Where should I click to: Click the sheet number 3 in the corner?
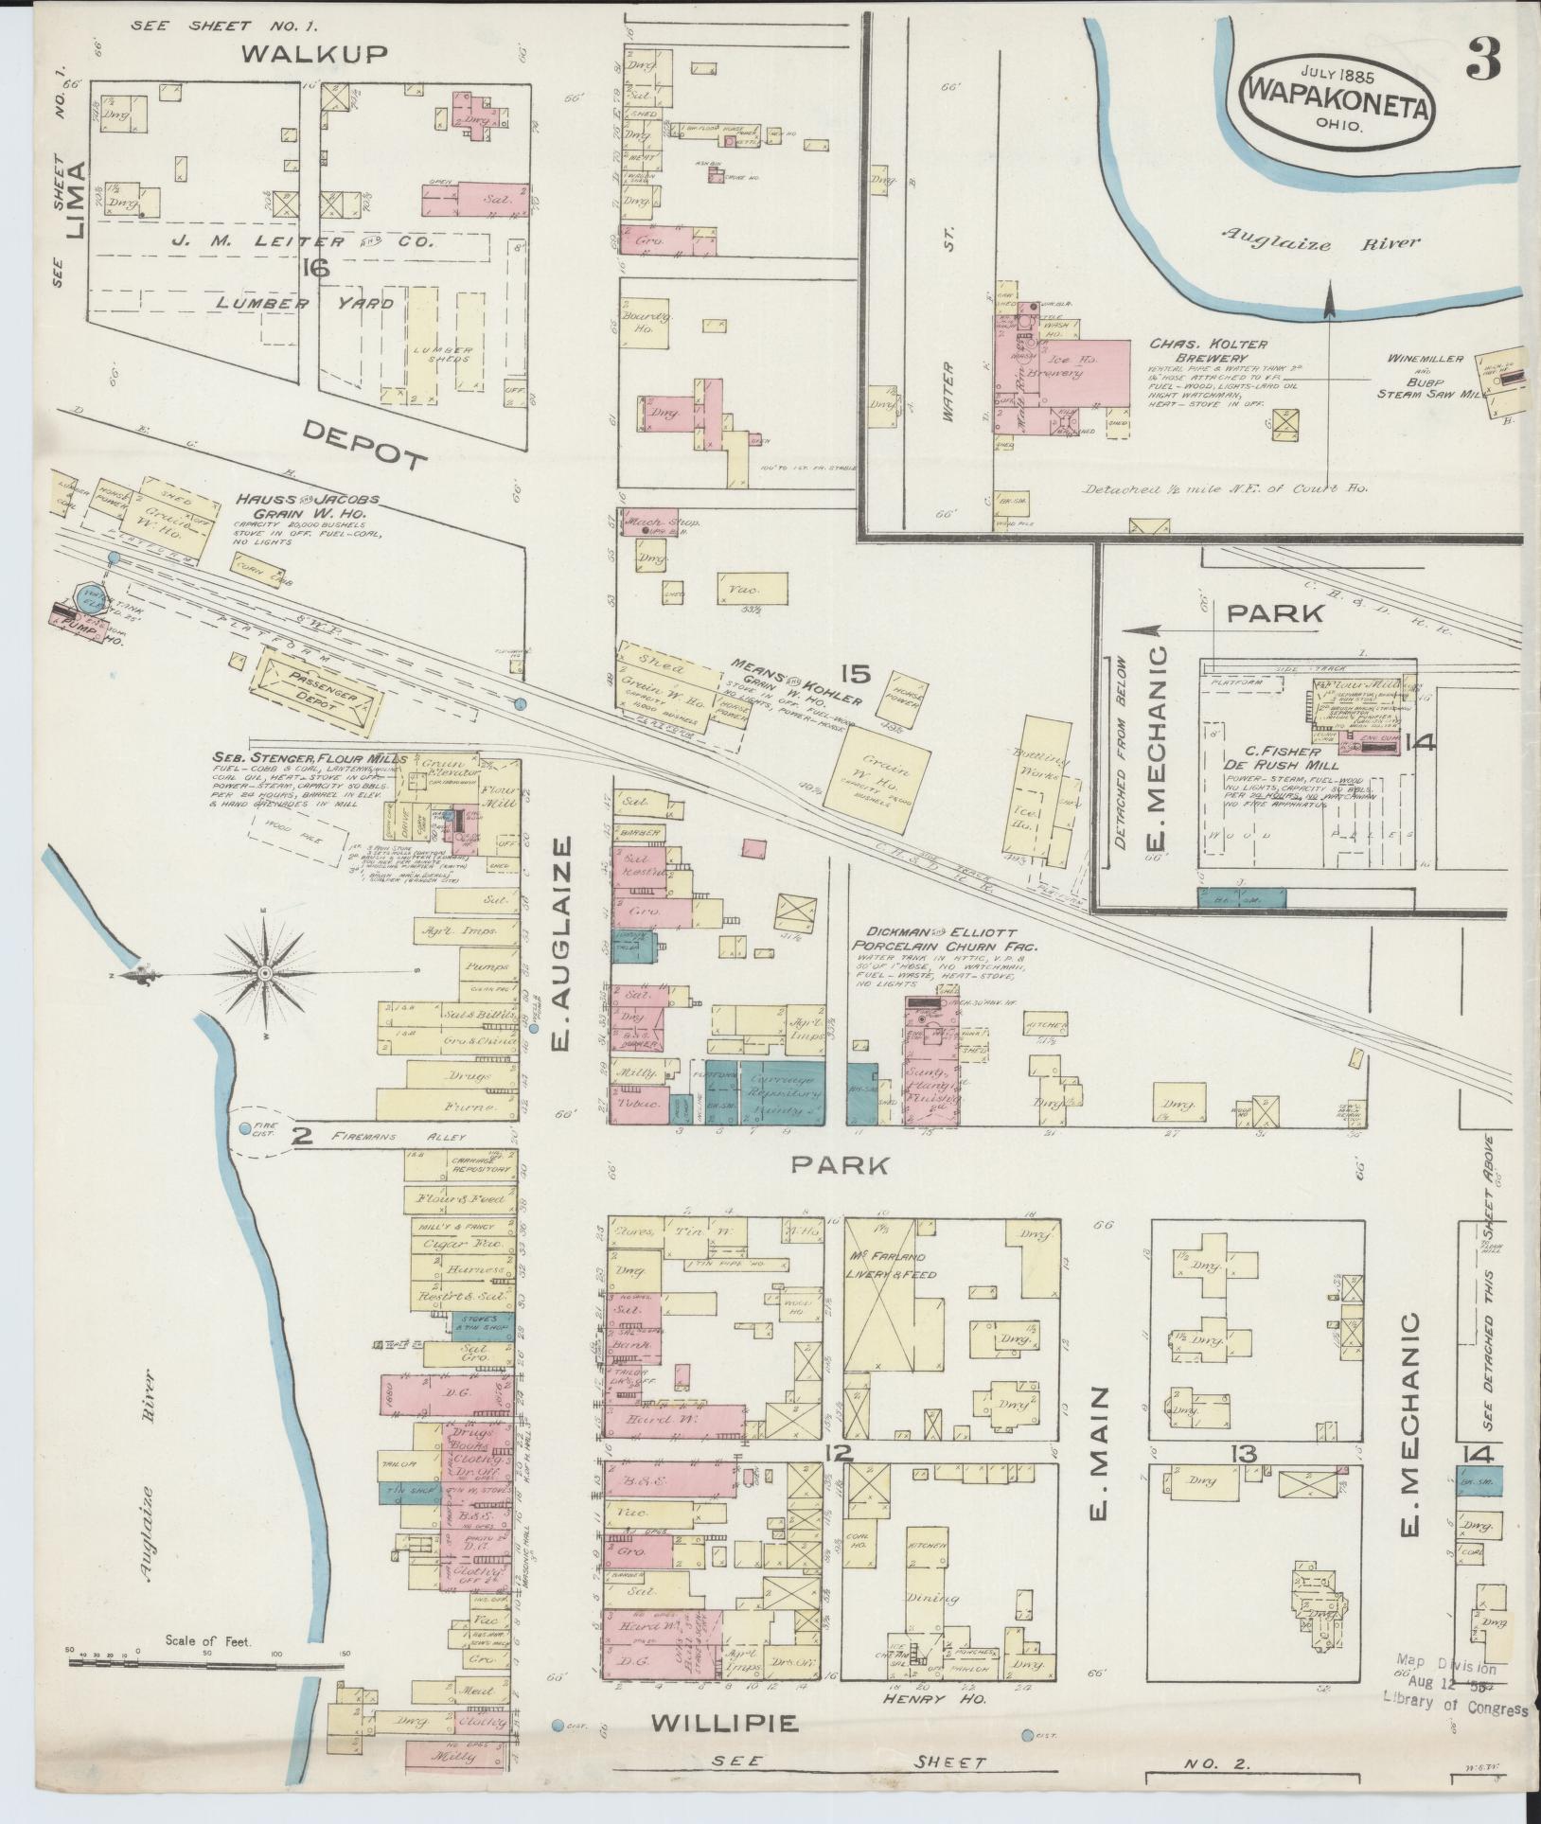pyautogui.click(x=1482, y=60)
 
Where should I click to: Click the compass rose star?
pyautogui.click(x=266, y=973)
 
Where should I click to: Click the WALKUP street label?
pyautogui.click(x=313, y=54)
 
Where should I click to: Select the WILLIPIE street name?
pyautogui.click(x=725, y=1723)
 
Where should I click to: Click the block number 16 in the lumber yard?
pyautogui.click(x=315, y=270)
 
